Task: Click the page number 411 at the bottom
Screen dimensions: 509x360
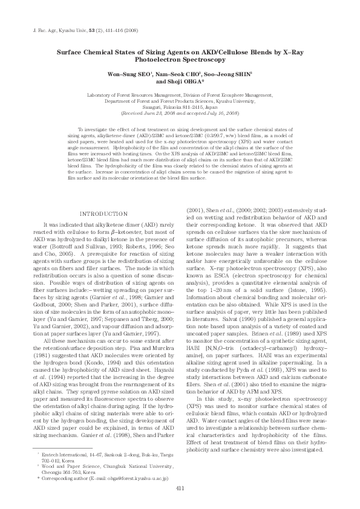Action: (180, 489)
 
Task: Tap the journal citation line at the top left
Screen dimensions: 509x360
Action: (85, 29)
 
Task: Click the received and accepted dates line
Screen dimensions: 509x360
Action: (179, 113)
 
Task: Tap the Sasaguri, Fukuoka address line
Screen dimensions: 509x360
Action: (179, 108)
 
